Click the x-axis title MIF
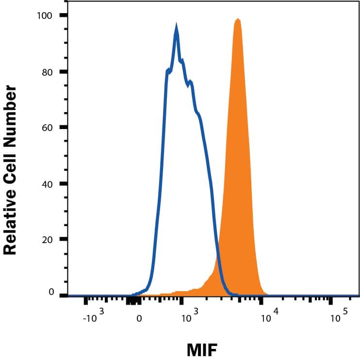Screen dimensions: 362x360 point(201,349)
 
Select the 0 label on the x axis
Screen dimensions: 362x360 point(139,319)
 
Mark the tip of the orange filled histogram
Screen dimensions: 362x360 point(238,19)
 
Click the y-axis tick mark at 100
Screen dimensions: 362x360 point(63,16)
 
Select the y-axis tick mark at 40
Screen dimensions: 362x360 point(63,184)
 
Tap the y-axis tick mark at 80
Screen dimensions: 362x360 point(63,72)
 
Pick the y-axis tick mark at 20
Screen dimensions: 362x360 point(63,239)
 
